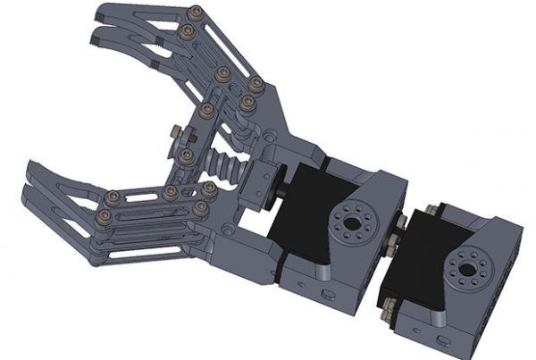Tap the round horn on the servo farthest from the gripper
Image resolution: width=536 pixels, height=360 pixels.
tap(465, 266)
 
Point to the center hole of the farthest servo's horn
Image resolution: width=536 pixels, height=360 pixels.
tap(465, 266)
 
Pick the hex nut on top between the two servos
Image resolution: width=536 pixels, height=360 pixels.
tap(402, 220)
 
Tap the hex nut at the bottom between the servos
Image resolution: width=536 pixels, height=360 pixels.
tap(388, 313)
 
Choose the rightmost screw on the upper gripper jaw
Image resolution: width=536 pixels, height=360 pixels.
tap(255, 85)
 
